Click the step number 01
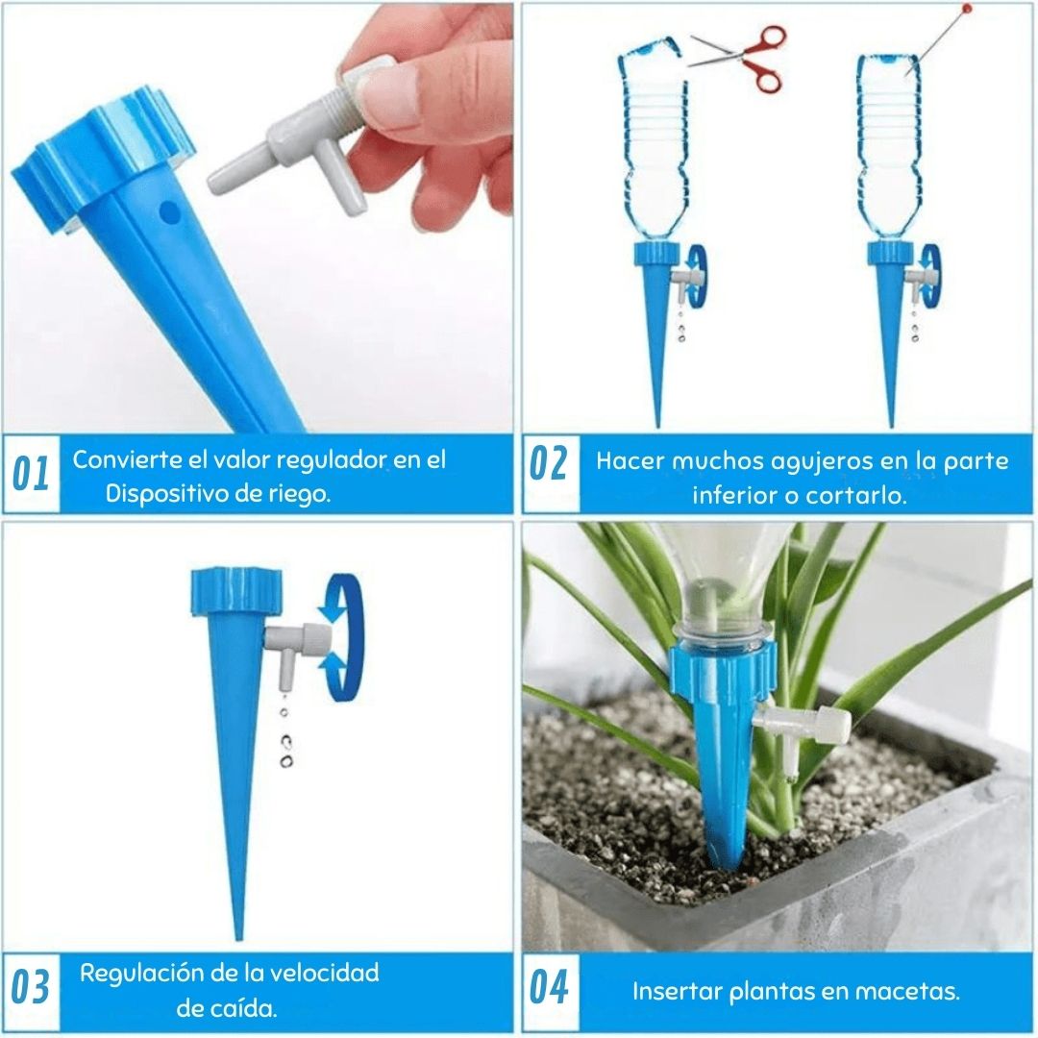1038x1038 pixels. click(x=31, y=474)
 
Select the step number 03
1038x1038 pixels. click(x=31, y=988)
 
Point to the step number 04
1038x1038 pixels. click(x=550, y=988)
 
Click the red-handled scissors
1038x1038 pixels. click(x=740, y=56)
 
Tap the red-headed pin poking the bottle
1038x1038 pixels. click(x=965, y=9)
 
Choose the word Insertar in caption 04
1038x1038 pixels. click(x=674, y=992)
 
